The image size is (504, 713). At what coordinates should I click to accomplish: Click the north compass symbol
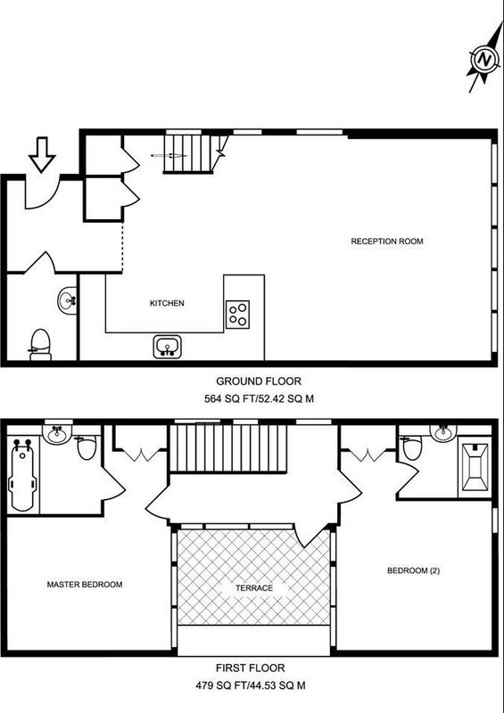485,59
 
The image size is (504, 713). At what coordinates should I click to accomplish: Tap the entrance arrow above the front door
42,155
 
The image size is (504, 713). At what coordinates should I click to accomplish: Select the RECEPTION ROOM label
387,242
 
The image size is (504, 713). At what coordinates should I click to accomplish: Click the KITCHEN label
167,303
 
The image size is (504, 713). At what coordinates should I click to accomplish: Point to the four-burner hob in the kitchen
237,315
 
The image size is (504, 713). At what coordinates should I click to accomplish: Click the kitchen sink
167,347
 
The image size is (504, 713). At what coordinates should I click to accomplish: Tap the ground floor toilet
40,345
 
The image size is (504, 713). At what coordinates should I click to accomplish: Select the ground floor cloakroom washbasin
67,300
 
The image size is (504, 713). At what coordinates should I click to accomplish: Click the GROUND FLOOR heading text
259,381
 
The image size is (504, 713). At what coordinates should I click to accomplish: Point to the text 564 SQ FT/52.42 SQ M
259,399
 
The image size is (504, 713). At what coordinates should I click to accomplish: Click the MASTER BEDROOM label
85,585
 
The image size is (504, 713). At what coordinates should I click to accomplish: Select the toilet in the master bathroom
86,447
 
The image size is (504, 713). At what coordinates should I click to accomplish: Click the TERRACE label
254,588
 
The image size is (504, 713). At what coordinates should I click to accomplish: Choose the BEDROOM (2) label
413,570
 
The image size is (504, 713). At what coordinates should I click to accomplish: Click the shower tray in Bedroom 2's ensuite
475,467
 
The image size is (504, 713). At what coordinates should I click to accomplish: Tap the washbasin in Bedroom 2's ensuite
443,432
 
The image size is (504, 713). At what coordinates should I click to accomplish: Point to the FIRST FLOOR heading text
251,668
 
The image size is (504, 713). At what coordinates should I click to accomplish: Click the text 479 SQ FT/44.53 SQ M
251,685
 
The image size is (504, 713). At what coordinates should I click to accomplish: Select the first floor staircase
228,448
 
